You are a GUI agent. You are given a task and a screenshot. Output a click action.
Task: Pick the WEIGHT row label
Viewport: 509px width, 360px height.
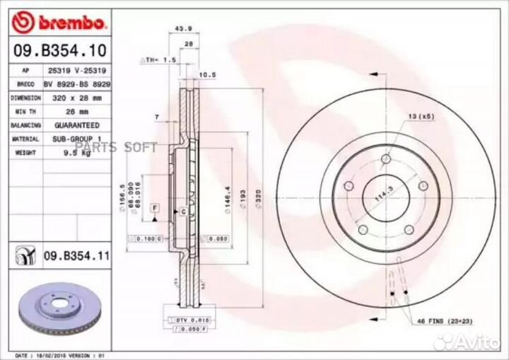(x=25, y=152)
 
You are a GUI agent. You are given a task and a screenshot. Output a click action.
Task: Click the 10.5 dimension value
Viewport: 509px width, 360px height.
(x=207, y=74)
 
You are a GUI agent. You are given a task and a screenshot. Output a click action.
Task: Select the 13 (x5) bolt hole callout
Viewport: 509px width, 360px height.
(x=420, y=116)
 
